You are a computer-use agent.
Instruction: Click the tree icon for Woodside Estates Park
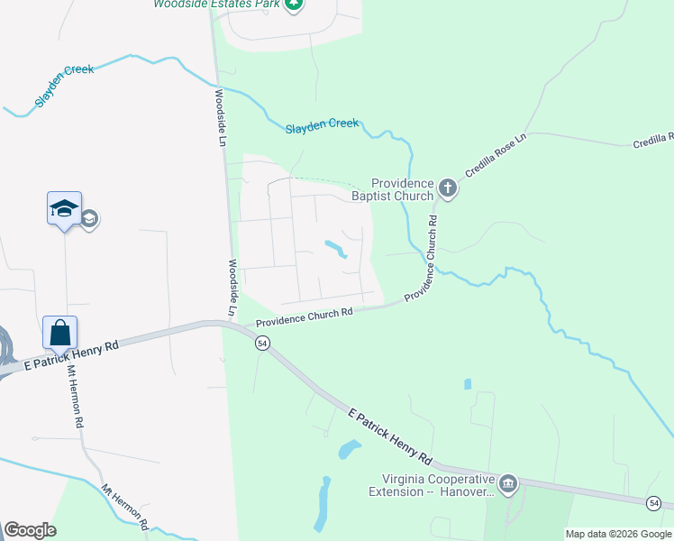[293, 5]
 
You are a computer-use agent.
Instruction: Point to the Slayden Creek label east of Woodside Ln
[322, 125]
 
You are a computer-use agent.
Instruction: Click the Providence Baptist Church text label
[403, 189]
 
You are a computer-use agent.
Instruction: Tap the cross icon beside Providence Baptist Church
[448, 189]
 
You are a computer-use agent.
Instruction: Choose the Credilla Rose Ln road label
[495, 158]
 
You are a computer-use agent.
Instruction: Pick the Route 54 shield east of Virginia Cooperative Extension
[654, 502]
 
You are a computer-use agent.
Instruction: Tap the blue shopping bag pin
[60, 333]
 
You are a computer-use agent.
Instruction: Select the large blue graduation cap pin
[64, 209]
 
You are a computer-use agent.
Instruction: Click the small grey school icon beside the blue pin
[90, 219]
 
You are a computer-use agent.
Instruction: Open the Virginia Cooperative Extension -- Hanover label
[433, 485]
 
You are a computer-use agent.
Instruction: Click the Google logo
[30, 530]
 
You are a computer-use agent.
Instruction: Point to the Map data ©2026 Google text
[618, 534]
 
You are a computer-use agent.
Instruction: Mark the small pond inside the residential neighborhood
[335, 248]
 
